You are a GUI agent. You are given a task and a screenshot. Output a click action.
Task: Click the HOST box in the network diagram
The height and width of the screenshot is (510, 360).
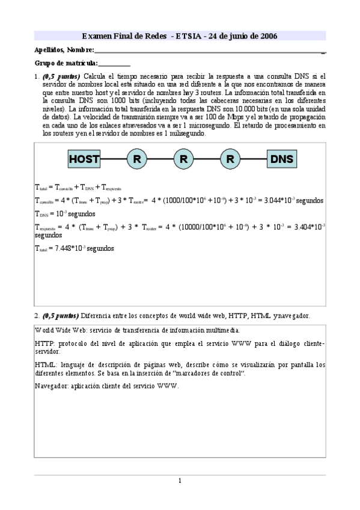point(84,159)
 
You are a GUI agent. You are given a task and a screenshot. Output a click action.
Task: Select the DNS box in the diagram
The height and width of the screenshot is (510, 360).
point(282,159)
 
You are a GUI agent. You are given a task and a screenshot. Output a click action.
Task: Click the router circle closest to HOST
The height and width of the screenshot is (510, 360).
point(136,159)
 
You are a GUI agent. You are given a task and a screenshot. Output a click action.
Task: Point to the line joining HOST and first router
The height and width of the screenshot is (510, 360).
point(113,159)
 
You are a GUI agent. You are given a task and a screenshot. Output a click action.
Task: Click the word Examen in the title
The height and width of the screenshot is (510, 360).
point(96,36)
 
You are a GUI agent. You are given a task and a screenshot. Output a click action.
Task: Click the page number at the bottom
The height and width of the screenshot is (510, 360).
point(180,480)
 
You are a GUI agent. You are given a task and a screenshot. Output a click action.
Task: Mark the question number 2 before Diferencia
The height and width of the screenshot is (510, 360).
point(37,315)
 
